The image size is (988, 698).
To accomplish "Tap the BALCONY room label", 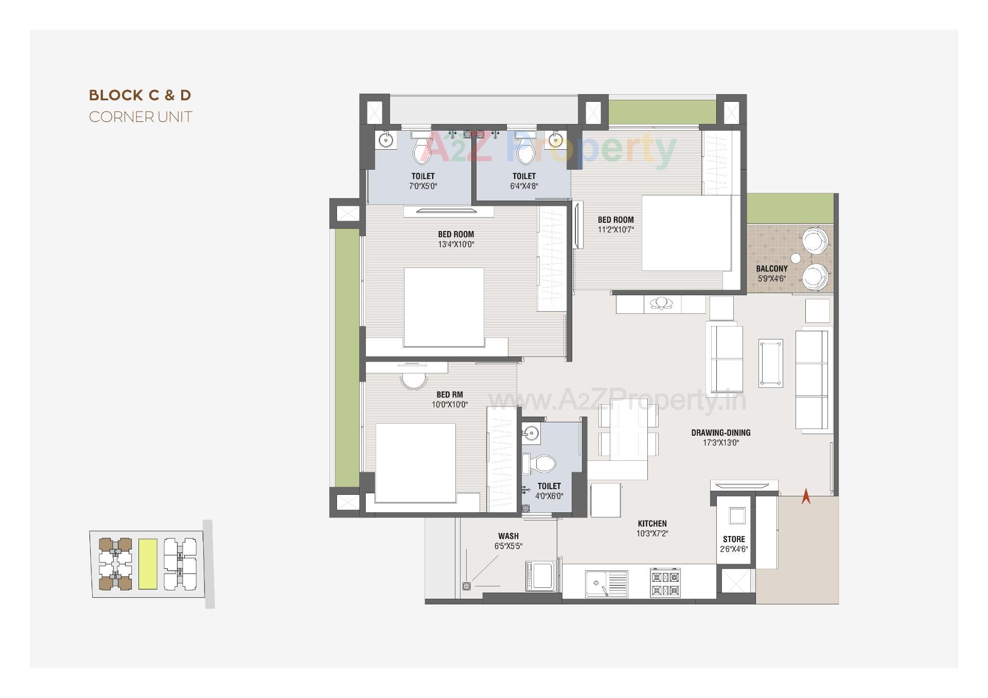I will [x=771, y=269].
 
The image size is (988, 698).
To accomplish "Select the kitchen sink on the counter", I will [x=598, y=583].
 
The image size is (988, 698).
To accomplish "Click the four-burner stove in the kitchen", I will [x=665, y=583].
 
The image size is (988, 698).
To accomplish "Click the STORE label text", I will [x=734, y=539].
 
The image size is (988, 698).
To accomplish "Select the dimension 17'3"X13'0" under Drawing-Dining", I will [x=720, y=442].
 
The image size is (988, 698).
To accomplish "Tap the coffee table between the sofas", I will [x=770, y=363].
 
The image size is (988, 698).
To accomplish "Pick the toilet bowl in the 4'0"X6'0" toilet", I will [x=543, y=463].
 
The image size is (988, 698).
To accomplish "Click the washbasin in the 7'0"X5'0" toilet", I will [x=385, y=139].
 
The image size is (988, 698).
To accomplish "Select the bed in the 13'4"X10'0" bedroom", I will [x=444, y=307].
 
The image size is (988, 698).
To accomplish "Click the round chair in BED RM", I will [x=414, y=380].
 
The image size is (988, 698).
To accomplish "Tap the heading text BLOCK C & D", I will [x=140, y=95].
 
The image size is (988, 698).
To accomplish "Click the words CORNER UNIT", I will [x=140, y=117].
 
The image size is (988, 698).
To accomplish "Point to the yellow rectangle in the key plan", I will [x=148, y=564].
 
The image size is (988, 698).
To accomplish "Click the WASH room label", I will [x=508, y=536].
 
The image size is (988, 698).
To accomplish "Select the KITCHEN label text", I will [x=652, y=524].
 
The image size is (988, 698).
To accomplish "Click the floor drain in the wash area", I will [x=466, y=585].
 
